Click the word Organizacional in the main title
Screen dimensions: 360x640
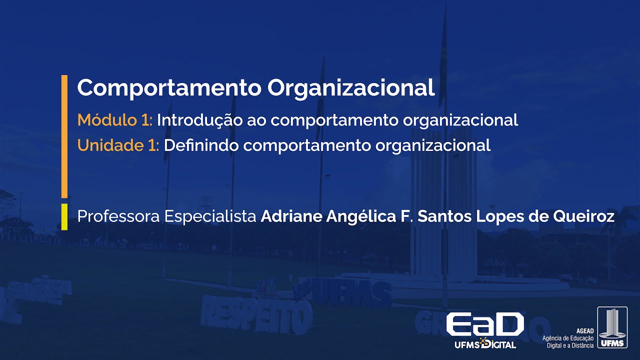[x=351, y=88]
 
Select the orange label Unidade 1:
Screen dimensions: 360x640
[x=118, y=145]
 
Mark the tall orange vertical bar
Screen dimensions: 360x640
[x=64, y=136]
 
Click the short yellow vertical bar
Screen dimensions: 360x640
[x=64, y=216]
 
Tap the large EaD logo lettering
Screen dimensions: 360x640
[x=484, y=324]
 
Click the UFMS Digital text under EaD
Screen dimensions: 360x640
[x=485, y=344]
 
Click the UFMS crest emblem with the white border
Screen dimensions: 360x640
[x=612, y=327]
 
